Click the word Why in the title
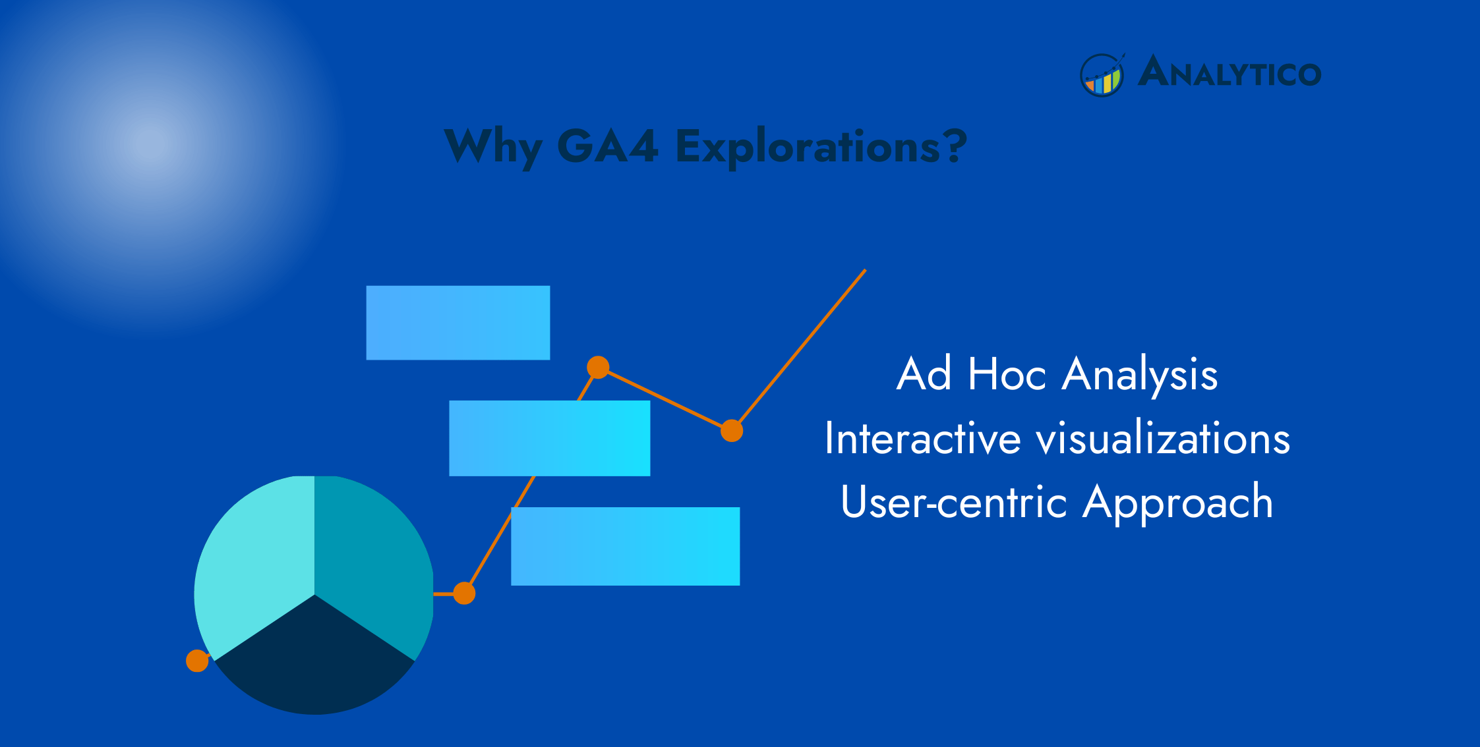[x=494, y=147]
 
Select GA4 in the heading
[x=607, y=146]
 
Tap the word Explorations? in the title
[x=821, y=146]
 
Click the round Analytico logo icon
[x=1102, y=75]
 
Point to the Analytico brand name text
[x=1230, y=72]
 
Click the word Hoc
[x=1007, y=374]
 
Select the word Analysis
[x=1140, y=375]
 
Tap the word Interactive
[x=922, y=439]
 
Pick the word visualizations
[x=1163, y=439]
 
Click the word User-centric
[x=954, y=502]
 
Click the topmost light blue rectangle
[x=458, y=323]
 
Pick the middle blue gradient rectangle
[x=549, y=438]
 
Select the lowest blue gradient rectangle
[x=625, y=546]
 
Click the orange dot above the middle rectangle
[x=598, y=367]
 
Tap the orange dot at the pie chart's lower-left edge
[x=197, y=661]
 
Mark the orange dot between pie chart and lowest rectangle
[x=464, y=594]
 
